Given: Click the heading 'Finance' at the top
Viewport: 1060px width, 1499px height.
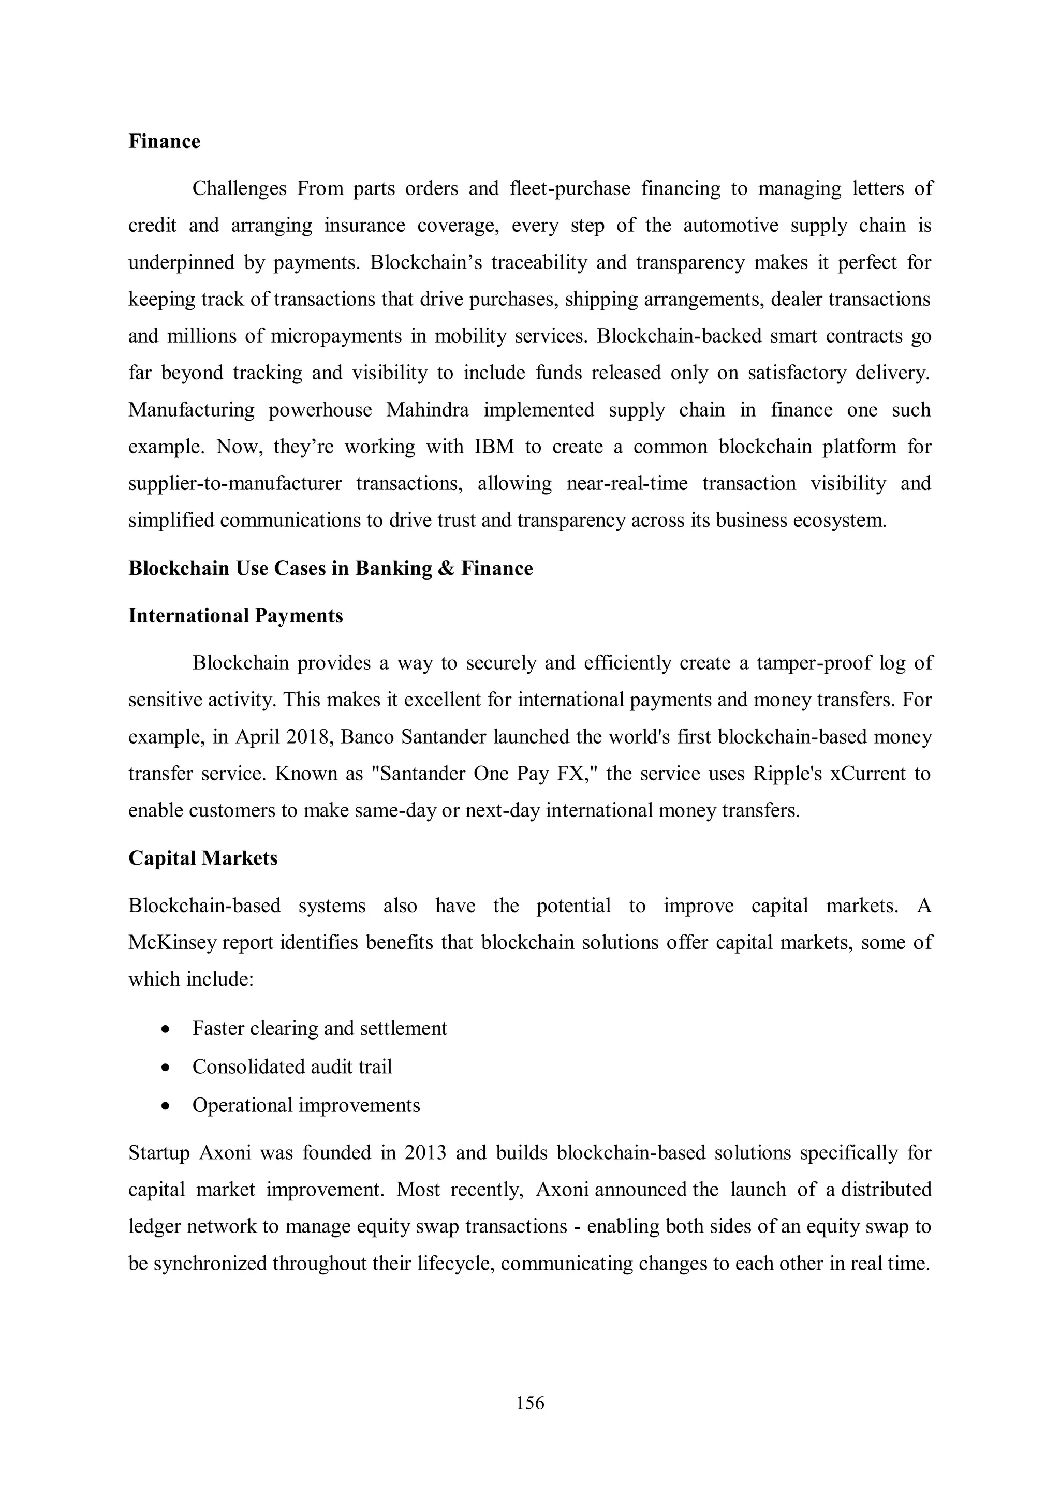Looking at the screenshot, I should [x=164, y=142].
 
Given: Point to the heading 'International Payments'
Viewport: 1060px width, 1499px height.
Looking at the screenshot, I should [x=235, y=616].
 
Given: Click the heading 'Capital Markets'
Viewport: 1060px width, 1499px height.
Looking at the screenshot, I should [x=202, y=858].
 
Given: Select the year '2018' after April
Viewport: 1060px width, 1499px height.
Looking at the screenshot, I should [x=310, y=737].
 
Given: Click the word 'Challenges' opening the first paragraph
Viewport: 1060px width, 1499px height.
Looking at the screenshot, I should [x=239, y=189].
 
